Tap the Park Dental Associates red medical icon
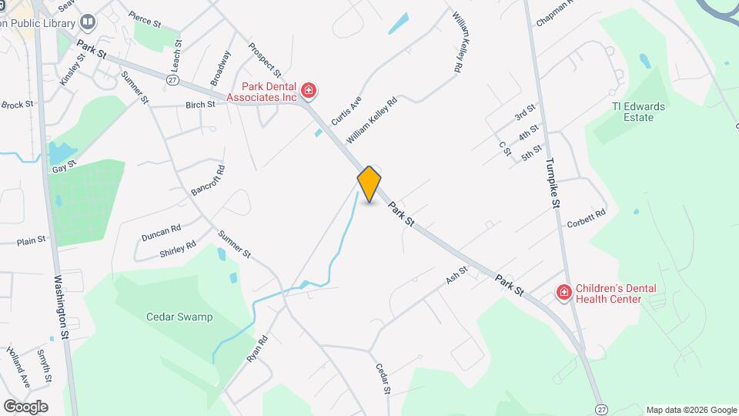point(309,92)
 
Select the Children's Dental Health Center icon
point(563,293)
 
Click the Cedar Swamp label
point(179,317)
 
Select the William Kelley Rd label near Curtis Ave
point(372,120)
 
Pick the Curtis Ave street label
point(346,112)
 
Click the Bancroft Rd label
point(207,180)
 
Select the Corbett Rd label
point(587,219)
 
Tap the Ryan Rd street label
point(257,350)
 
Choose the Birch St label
point(199,105)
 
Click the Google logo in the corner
point(25,407)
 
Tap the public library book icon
point(87,22)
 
